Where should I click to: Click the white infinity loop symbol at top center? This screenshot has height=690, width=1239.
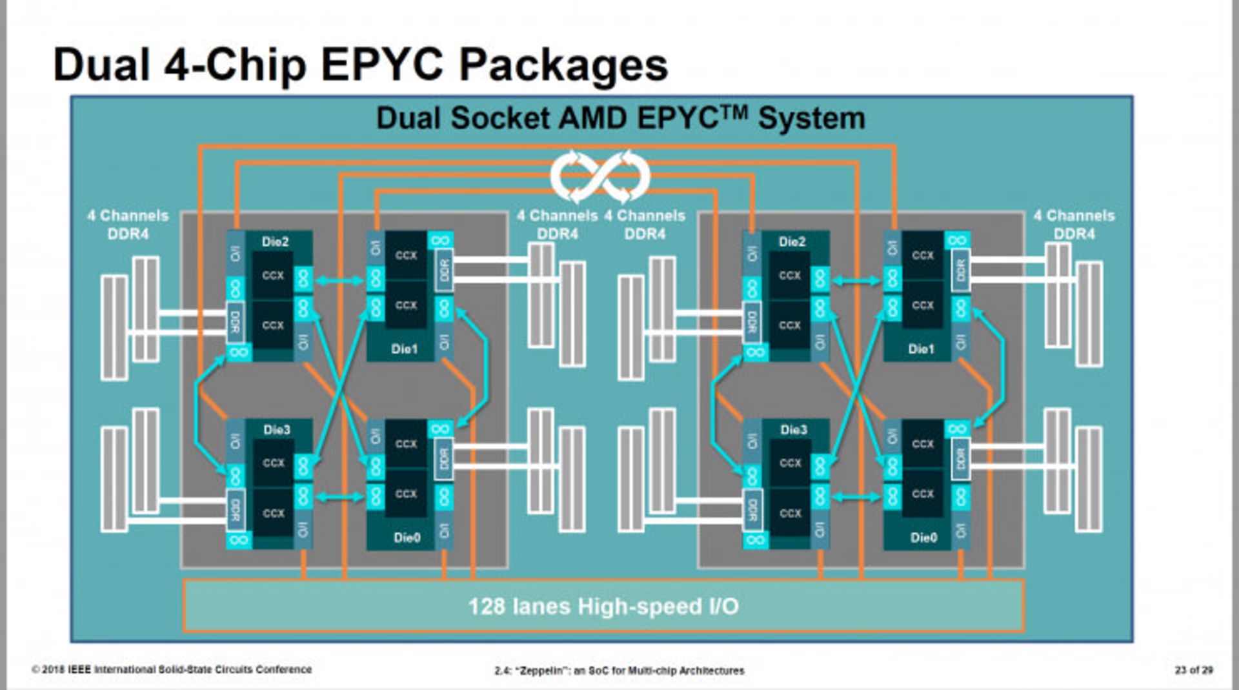tap(599, 176)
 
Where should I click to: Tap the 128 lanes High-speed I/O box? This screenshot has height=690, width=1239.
tap(603, 606)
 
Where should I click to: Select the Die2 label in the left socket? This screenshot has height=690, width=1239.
tap(275, 242)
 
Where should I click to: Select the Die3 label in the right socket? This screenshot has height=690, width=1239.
tap(793, 430)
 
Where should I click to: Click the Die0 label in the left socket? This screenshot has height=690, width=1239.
tap(407, 538)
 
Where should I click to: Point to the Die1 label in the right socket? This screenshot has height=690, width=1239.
tap(921, 349)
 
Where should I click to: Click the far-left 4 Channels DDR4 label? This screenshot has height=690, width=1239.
tap(128, 225)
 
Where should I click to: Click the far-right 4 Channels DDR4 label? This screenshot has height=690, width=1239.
tap(1074, 225)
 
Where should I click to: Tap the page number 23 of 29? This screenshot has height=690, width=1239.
tap(1193, 670)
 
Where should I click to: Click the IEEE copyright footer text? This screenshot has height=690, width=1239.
tap(172, 669)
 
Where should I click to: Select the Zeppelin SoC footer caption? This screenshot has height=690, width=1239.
tap(619, 671)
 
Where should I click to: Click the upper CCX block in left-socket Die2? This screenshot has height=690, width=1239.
tap(272, 276)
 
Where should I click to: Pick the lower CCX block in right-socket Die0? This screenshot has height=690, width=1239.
tap(922, 494)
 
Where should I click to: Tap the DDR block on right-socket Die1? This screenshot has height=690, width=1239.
tap(960, 270)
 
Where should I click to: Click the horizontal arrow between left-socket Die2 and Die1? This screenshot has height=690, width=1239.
tap(339, 281)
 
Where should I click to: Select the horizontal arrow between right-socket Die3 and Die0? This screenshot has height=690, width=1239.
tap(856, 497)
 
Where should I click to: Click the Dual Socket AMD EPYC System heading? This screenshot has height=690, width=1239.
tap(620, 119)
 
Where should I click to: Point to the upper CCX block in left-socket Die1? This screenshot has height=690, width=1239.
tap(406, 256)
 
